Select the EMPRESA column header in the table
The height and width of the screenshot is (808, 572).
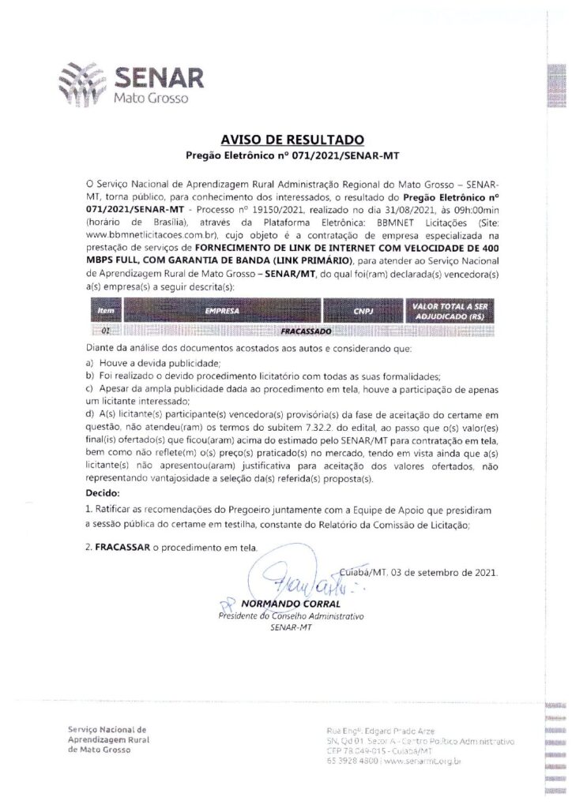point(223,312)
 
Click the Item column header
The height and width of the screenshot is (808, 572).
point(105,312)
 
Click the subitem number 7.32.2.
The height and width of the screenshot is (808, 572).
point(302,427)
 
